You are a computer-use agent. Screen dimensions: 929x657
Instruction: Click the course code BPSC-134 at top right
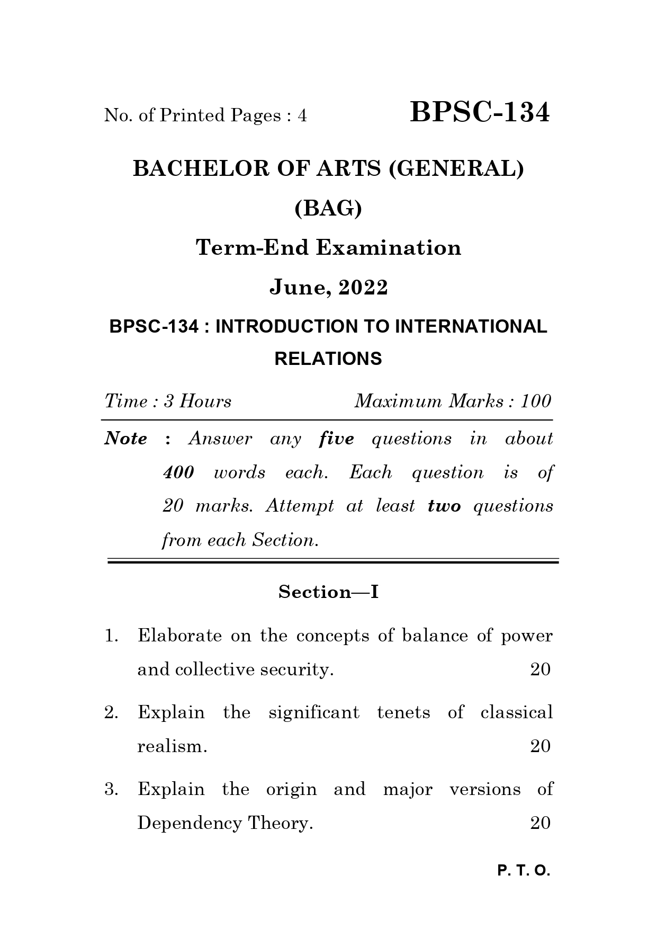pyautogui.click(x=480, y=113)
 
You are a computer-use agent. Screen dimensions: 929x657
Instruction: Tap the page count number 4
pyautogui.click(x=302, y=115)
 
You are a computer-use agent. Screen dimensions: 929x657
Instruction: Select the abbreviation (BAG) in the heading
pyautogui.click(x=328, y=209)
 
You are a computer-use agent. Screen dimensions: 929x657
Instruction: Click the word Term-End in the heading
pyautogui.click(x=252, y=248)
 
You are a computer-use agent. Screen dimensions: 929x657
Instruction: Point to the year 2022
pyautogui.click(x=363, y=288)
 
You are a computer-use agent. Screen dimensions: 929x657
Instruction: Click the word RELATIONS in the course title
pyautogui.click(x=328, y=359)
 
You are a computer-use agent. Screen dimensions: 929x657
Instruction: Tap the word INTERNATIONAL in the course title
pyautogui.click(x=471, y=327)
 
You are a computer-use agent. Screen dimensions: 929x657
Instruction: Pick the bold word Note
pyautogui.click(x=126, y=439)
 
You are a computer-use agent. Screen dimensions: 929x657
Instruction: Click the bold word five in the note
pyautogui.click(x=337, y=439)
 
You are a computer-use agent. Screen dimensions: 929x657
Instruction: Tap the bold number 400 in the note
pyautogui.click(x=178, y=472)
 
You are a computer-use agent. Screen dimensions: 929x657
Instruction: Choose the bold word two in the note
pyautogui.click(x=444, y=506)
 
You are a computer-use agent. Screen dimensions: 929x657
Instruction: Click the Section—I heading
pyautogui.click(x=328, y=592)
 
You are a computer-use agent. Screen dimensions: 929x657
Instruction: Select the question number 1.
pyautogui.click(x=111, y=636)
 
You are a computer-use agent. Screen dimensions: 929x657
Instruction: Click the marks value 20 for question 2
pyautogui.click(x=540, y=746)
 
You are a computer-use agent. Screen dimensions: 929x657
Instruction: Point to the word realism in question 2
pyautogui.click(x=170, y=746)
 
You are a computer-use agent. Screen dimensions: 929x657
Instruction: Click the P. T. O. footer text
pyautogui.click(x=524, y=871)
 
